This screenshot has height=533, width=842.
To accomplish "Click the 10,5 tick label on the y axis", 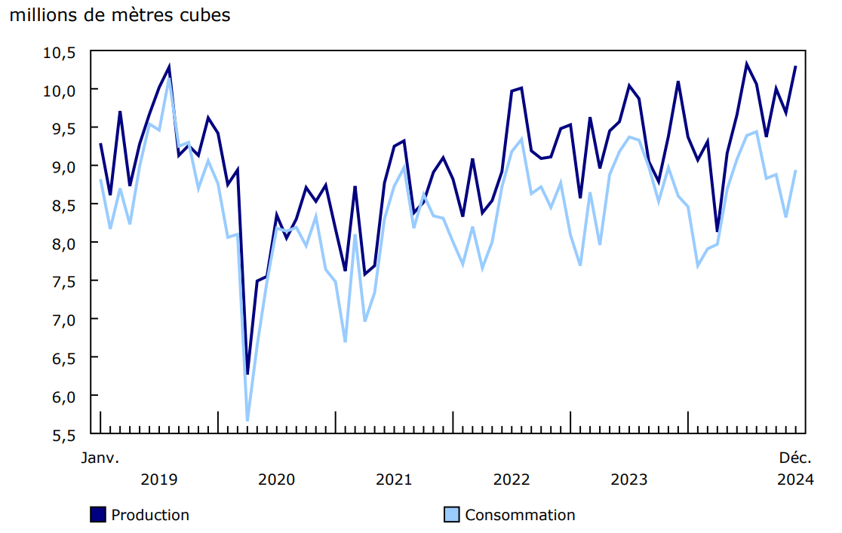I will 61,52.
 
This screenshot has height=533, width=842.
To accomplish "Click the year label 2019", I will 159,479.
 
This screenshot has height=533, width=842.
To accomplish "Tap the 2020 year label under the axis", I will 277,479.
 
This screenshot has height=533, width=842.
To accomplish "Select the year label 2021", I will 394,479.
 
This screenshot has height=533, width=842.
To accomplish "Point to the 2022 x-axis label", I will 512,479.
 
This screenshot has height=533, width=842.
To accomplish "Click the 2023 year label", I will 629,479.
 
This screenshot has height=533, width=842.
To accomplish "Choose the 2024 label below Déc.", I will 795,479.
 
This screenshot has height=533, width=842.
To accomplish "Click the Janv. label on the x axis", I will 100,458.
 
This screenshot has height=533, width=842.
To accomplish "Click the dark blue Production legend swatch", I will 98,515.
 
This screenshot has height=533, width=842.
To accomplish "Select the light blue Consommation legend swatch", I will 451,515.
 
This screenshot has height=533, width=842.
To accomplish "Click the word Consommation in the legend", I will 520,515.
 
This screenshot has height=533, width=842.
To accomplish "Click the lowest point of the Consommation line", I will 247,420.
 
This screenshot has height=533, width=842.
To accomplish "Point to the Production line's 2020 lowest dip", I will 247,373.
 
